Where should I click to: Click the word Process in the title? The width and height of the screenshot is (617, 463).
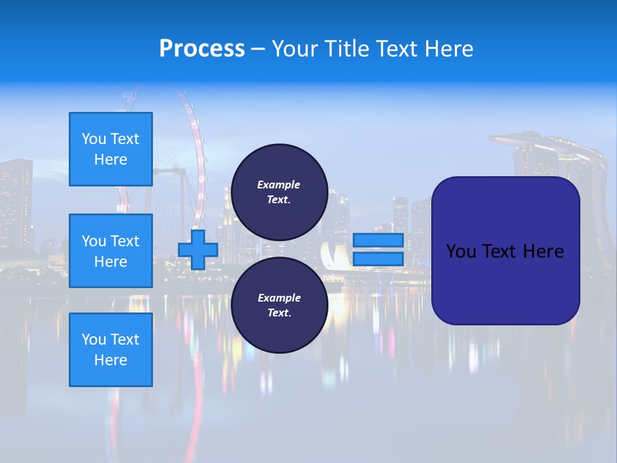[202, 49]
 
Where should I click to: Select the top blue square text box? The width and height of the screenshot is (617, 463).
[111, 149]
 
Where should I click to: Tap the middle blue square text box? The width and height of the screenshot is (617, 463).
[111, 251]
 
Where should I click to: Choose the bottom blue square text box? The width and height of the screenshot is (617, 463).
[111, 350]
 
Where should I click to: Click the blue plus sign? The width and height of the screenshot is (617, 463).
[198, 250]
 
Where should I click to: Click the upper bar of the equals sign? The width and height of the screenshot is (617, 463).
[378, 240]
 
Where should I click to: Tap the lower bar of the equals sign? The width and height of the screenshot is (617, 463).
[378, 259]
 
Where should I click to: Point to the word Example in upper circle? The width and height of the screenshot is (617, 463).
[279, 185]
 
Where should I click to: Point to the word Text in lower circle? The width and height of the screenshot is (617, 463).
[279, 313]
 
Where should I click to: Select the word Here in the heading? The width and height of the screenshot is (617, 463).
[447, 49]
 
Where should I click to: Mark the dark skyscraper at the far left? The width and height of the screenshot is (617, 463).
[16, 206]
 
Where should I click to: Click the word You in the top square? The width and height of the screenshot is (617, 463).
[94, 139]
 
